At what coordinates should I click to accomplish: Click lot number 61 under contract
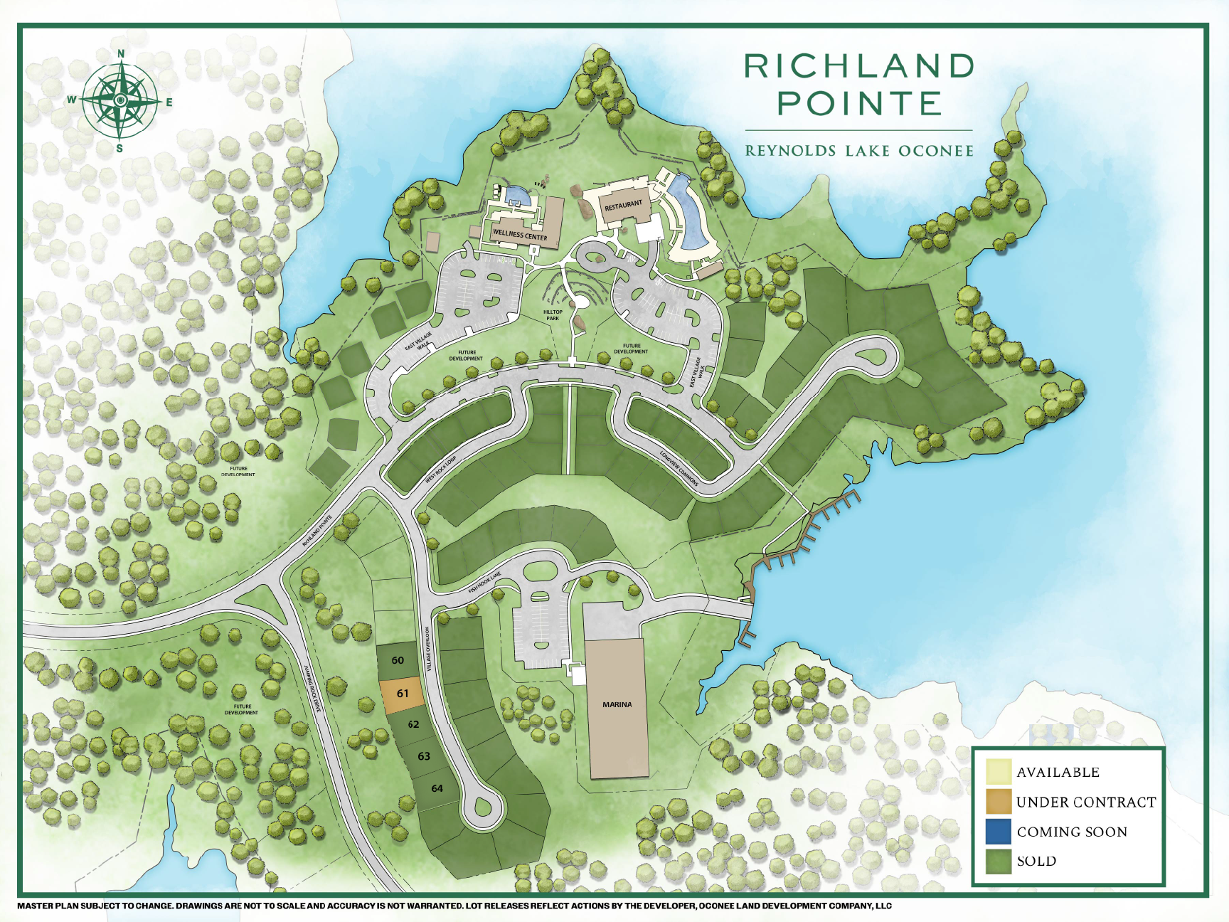[x=403, y=694]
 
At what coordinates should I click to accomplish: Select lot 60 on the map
[x=398, y=660]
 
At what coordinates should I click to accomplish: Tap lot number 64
[x=437, y=788]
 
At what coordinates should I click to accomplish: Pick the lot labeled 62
[x=413, y=724]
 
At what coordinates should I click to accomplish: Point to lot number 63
[x=424, y=756]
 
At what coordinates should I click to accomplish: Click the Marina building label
[x=617, y=704]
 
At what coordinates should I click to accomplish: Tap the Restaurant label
[x=623, y=206]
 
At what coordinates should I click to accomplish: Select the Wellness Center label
[x=520, y=235]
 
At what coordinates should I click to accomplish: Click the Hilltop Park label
[x=553, y=314]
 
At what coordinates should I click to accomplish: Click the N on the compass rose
[x=121, y=54]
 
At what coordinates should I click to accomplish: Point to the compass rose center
[x=120, y=100]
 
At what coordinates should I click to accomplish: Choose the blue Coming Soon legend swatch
[x=999, y=832]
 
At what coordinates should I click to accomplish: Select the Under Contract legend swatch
[x=999, y=802]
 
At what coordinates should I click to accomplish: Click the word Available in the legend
[x=1058, y=773]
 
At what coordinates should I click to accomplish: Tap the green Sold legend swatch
[x=999, y=861]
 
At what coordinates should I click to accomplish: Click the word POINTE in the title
[x=859, y=104]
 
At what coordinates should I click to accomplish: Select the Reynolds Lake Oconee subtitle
[x=859, y=151]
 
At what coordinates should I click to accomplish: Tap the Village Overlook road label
[x=429, y=649]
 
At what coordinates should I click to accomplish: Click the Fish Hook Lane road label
[x=485, y=583]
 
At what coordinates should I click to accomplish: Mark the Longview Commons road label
[x=679, y=469]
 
